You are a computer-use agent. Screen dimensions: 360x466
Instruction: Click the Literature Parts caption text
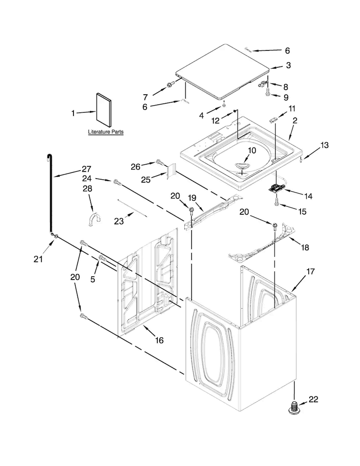[106, 132]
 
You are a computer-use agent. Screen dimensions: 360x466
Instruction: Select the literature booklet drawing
[104, 110]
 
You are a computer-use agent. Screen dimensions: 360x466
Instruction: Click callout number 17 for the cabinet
[310, 271]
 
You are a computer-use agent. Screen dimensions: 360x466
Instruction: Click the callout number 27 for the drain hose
[86, 169]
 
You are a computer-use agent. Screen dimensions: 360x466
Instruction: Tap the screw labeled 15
[277, 202]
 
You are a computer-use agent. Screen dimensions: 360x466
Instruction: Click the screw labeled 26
[160, 162]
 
